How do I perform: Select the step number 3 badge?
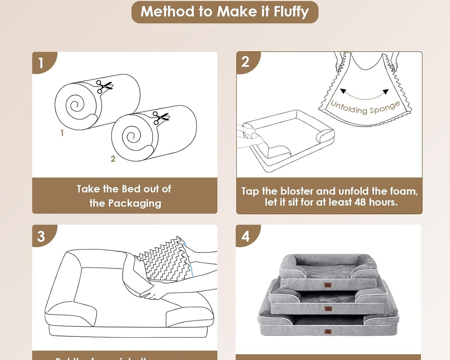(x=41, y=236)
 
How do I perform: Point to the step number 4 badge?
(x=246, y=236)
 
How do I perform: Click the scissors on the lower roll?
(x=160, y=118)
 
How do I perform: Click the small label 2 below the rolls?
(x=113, y=159)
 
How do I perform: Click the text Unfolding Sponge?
(x=365, y=107)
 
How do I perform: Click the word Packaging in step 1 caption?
(x=135, y=203)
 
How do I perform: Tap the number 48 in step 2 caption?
(x=362, y=203)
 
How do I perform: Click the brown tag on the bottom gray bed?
(x=328, y=331)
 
